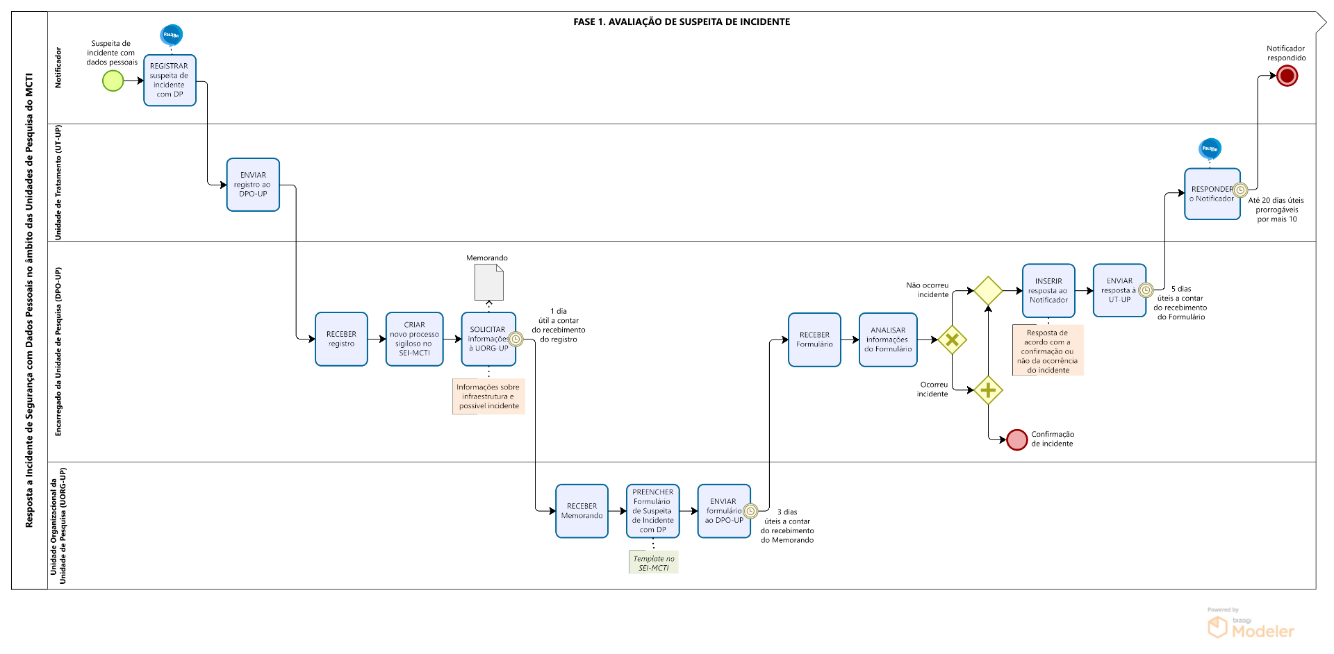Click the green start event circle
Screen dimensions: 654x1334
(113, 81)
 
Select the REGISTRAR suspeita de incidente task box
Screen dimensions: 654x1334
(170, 81)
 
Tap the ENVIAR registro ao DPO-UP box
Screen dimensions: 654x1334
(253, 185)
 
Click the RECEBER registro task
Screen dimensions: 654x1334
(341, 339)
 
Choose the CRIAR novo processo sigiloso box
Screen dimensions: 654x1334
(414, 339)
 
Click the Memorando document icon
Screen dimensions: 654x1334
(488, 282)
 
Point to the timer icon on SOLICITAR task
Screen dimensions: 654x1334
(516, 339)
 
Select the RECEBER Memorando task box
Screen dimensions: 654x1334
(582, 511)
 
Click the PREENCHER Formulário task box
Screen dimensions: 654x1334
(652, 511)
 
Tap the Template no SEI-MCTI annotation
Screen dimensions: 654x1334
(653, 563)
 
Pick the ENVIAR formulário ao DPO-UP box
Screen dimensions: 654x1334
(723, 511)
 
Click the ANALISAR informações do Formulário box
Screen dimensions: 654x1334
(888, 339)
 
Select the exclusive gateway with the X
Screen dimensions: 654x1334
(952, 340)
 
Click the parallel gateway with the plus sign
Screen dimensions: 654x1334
(988, 390)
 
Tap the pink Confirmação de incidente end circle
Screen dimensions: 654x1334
(1016, 439)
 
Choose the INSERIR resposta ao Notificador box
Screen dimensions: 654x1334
(1048, 290)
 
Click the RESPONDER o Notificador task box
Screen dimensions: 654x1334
(1212, 194)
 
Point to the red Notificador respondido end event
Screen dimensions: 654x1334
(1287, 76)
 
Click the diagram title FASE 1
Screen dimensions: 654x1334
(681, 22)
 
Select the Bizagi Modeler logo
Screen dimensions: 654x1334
(1251, 626)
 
